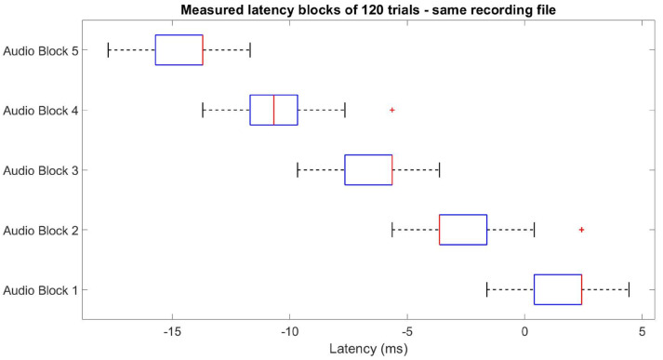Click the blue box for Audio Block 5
click(179, 49)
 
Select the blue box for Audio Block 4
click(273, 110)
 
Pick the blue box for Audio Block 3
click(368, 169)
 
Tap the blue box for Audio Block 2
click(463, 229)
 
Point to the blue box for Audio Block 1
click(558, 289)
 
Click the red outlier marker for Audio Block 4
click(391, 110)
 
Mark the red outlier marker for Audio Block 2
click(581, 229)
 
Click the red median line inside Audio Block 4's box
click(274, 110)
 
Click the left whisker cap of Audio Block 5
click(109, 49)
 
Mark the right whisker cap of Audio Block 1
click(629, 289)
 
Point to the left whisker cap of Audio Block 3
click(298, 169)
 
